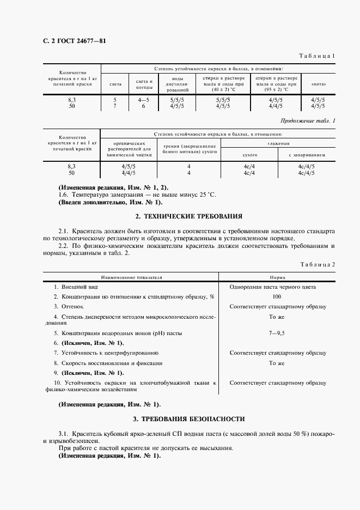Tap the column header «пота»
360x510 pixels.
point(318,85)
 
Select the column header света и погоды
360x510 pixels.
point(144,84)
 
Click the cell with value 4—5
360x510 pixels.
point(144,100)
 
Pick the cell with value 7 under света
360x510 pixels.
point(115,106)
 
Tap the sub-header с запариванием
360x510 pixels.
point(307,155)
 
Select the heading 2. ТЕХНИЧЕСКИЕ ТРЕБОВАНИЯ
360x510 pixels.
point(188,216)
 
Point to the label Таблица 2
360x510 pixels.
point(319,264)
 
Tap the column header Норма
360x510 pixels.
point(277,277)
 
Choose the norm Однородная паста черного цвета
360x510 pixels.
point(277,287)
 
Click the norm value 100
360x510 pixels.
point(277,296)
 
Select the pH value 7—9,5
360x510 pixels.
point(277,332)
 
